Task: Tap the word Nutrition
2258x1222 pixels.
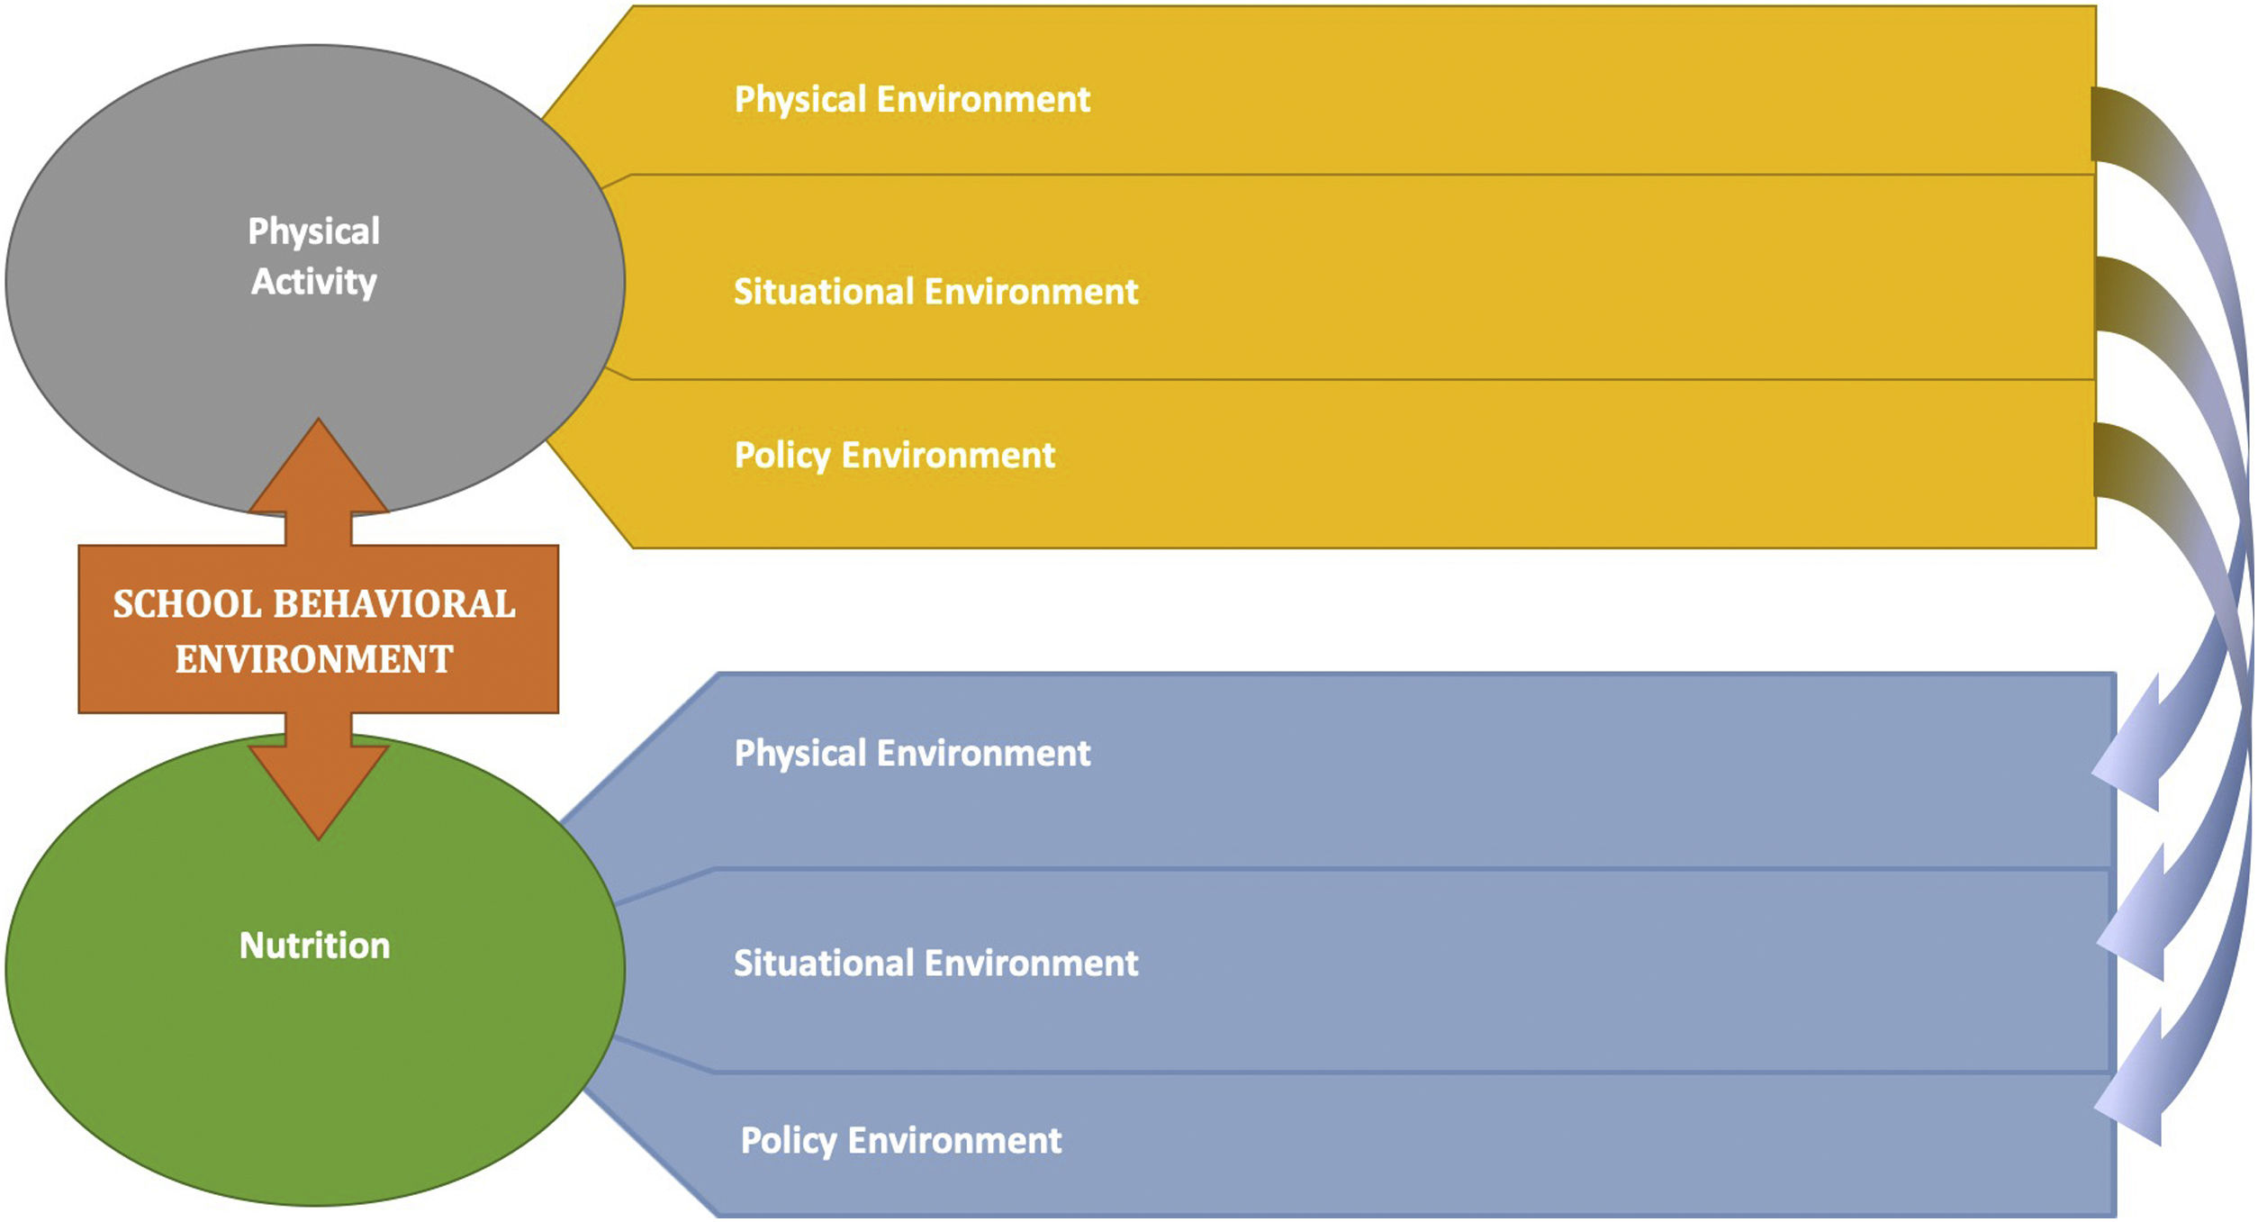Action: [x=315, y=946]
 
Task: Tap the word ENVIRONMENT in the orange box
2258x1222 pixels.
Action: [x=314, y=659]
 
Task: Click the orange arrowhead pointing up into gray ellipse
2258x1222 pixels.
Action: [x=319, y=468]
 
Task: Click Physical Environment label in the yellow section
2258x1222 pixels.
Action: [x=912, y=99]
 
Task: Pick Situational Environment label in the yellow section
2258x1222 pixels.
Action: [x=935, y=292]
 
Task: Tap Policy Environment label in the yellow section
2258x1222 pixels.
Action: [x=894, y=456]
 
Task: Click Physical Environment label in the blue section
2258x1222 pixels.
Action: [x=912, y=754]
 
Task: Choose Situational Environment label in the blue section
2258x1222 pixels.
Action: [x=935, y=964]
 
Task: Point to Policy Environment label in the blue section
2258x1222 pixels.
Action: [x=900, y=1141]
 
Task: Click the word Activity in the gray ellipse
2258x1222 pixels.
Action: [x=314, y=282]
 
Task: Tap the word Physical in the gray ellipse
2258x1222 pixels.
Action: [x=314, y=231]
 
